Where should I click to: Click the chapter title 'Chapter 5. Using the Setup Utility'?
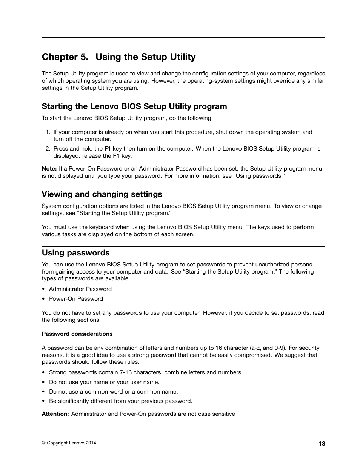[x=118, y=57]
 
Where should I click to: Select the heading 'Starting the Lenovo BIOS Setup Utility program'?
[x=134, y=106]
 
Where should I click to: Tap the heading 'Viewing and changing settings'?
[x=102, y=194]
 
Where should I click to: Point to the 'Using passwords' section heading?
[x=75, y=253]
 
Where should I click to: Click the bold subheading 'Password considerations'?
[x=77, y=334]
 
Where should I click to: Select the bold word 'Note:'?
[x=49, y=169]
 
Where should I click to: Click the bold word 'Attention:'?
[x=55, y=414]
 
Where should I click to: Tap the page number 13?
[x=322, y=444]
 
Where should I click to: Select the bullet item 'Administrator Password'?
[x=80, y=289]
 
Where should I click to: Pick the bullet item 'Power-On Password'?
[x=76, y=299]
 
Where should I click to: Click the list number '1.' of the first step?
[x=48, y=132]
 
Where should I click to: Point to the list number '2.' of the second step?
[x=48, y=149]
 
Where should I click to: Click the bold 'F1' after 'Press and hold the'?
[x=107, y=149]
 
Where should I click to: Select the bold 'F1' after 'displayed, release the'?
[x=116, y=156]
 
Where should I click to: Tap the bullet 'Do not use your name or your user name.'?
[x=104, y=382]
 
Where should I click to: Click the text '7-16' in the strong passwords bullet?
[x=126, y=372]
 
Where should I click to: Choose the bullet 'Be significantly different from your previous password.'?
[x=120, y=401]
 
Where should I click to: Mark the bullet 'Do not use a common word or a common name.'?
[x=113, y=392]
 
